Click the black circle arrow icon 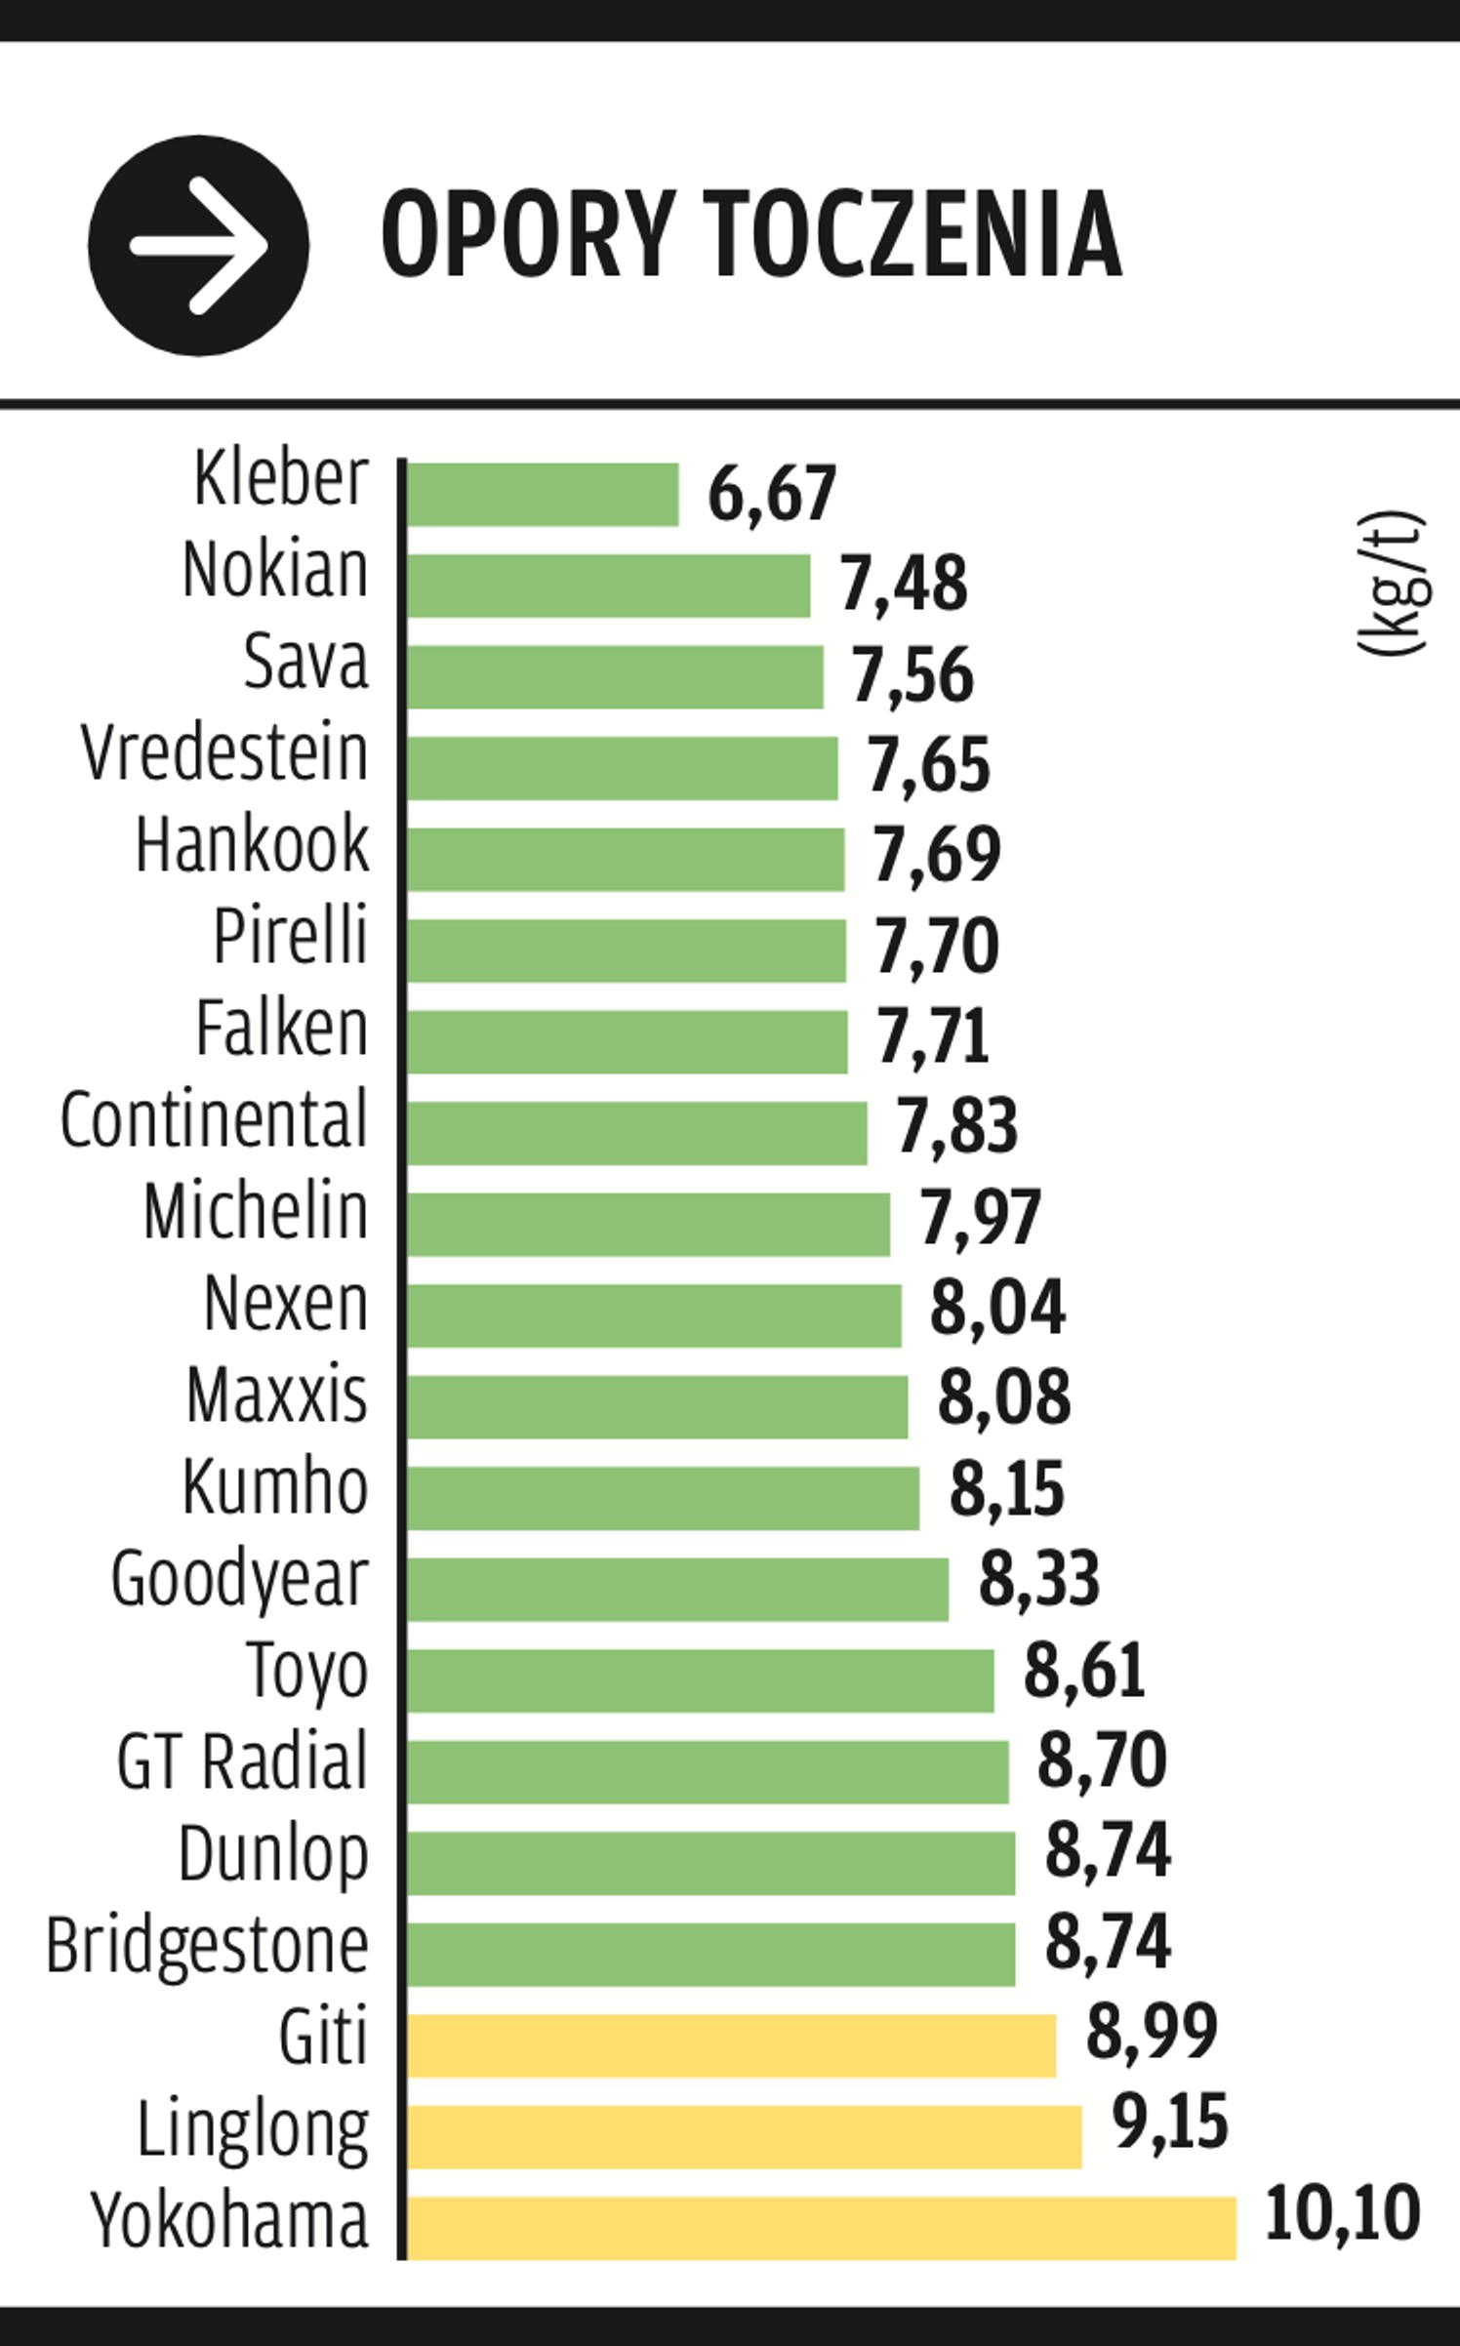(x=198, y=245)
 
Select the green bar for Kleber (x=543, y=494)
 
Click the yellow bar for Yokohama (x=822, y=2228)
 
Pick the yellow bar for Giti (x=731, y=2045)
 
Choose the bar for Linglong (x=745, y=2137)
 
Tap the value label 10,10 (x=1343, y=2214)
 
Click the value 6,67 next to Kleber (x=772, y=494)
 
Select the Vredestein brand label (x=224, y=753)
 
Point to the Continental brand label (x=214, y=1118)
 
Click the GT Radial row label (x=242, y=1759)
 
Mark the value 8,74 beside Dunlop (x=1108, y=1849)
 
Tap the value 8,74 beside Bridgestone (x=1108, y=1941)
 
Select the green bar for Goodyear (x=678, y=1590)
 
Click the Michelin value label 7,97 (x=981, y=1217)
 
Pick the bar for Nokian (x=609, y=586)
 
